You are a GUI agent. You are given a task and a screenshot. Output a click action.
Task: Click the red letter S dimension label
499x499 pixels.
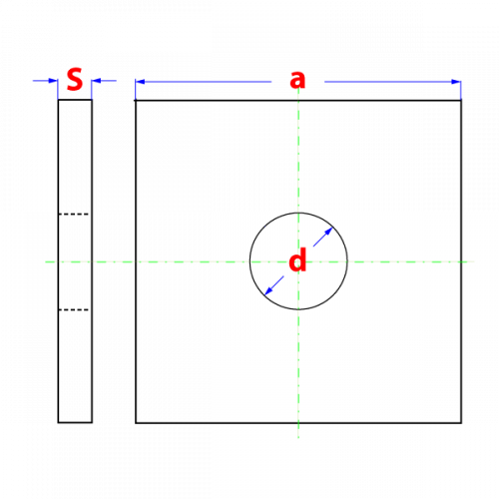[x=75, y=80]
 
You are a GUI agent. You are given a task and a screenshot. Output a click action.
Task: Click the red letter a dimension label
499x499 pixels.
[x=297, y=80]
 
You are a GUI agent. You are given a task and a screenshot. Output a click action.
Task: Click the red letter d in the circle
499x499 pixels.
[x=297, y=259]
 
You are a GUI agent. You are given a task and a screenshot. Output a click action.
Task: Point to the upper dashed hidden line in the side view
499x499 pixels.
[x=74, y=214]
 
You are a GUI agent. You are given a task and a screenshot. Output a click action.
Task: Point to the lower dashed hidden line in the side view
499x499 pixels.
[x=74, y=309]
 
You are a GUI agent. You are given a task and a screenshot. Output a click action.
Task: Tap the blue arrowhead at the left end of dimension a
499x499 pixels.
[x=140, y=82]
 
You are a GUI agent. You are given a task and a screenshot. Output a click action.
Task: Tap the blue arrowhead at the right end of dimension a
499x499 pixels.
[x=456, y=82]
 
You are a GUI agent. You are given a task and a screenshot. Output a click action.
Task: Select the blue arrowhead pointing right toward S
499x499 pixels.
[x=53, y=81]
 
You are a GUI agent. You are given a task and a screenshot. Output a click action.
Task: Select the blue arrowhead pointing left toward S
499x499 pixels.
[x=97, y=81]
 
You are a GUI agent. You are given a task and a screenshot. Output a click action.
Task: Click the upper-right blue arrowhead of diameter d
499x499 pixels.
[x=328, y=232]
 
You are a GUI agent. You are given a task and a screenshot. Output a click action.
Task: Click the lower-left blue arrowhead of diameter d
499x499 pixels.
[x=268, y=290]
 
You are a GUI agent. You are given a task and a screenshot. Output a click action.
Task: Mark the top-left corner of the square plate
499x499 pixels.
[x=136, y=100]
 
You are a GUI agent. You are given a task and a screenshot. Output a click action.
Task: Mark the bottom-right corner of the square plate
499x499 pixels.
[x=461, y=423]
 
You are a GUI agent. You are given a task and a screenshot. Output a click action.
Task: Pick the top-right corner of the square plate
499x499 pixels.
[x=461, y=100]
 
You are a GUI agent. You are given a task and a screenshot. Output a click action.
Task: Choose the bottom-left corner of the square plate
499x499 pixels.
[x=136, y=423]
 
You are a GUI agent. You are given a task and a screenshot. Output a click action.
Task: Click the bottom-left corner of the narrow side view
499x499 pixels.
[x=58, y=423]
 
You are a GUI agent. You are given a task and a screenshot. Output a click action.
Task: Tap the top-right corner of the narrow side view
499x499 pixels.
[x=92, y=100]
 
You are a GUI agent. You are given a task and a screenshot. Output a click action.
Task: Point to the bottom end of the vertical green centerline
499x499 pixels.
[x=298, y=438]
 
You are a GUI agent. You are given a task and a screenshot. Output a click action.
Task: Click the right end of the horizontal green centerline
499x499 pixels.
[x=474, y=261]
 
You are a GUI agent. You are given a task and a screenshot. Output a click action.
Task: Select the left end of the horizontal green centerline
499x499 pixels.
[x=45, y=261]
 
